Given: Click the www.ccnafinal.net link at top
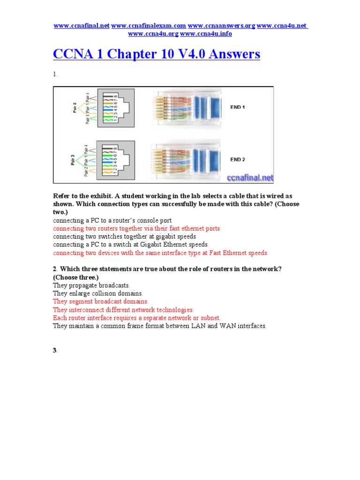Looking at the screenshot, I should pyautogui.click(x=82, y=25).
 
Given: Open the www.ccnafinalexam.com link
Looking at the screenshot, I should pyautogui.click(x=149, y=25).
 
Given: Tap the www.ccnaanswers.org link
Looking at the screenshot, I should pyautogui.click(x=221, y=25).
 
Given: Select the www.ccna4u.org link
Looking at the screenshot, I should pyautogui.click(x=153, y=34).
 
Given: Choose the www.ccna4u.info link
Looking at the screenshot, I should pyautogui.click(x=206, y=34).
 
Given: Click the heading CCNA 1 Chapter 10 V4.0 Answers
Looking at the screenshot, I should pyautogui.click(x=157, y=54).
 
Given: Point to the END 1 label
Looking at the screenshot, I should pyautogui.click(x=238, y=107).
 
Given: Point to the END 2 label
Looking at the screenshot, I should pyautogui.click(x=238, y=159).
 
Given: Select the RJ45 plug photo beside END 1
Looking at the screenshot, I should pyautogui.click(x=185, y=107).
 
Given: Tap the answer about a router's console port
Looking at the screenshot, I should pyautogui.click(x=112, y=220).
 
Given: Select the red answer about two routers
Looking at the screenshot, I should pyautogui.click(x=136, y=228).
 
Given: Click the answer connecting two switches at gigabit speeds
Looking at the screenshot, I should pyautogui.click(x=124, y=237).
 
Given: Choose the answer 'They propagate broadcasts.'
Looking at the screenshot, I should pyautogui.click(x=91, y=285).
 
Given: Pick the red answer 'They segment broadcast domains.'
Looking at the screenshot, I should pyautogui.click(x=100, y=301).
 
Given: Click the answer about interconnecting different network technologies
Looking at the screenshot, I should pyautogui.click(x=123, y=310).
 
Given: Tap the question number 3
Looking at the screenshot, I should pyautogui.click(x=55, y=351).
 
